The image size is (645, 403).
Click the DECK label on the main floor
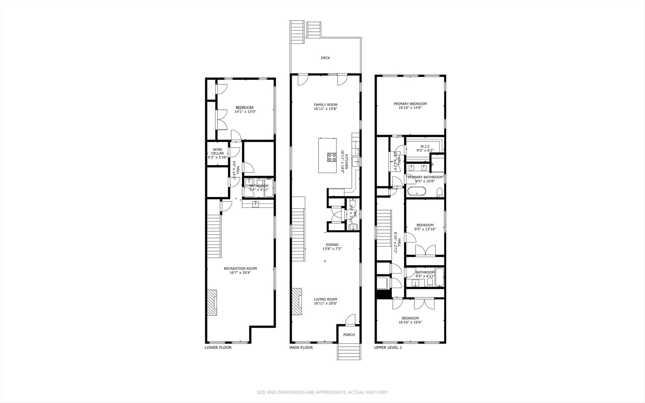click(x=325, y=58)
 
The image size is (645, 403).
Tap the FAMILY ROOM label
click(x=325, y=105)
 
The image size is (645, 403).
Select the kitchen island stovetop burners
click(x=331, y=157)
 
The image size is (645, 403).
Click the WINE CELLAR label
click(x=217, y=151)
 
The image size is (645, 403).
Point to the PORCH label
click(x=349, y=335)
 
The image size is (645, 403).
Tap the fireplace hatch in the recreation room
click(x=212, y=303)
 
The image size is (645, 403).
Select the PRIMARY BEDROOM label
click(x=410, y=104)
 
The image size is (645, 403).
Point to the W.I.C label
click(x=425, y=147)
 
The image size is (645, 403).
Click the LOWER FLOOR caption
click(x=218, y=347)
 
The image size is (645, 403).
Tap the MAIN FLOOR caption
click(x=301, y=347)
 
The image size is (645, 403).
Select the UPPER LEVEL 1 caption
click(x=388, y=347)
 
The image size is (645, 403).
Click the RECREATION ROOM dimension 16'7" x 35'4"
click(x=240, y=273)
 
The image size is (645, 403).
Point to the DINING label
click(x=332, y=245)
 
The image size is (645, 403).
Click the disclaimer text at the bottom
click(x=322, y=392)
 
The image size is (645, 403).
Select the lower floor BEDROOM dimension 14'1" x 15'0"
click(x=245, y=112)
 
